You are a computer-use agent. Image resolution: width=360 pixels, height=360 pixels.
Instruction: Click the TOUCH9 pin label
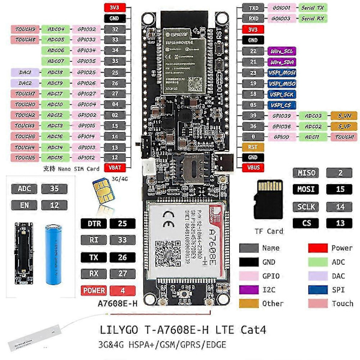[25, 29]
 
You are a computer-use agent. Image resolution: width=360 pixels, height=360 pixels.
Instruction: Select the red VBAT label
[113, 167]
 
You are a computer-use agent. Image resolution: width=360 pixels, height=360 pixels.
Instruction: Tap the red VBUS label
[253, 167]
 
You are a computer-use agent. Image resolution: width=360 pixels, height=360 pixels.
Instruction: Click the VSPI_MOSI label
[281, 73]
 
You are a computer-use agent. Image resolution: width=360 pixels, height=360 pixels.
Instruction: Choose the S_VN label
[344, 115]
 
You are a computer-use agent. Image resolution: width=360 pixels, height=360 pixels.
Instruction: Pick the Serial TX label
[313, 8]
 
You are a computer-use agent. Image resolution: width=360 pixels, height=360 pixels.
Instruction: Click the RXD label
[252, 18]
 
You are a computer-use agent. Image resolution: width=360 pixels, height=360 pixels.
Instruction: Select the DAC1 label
[25, 72]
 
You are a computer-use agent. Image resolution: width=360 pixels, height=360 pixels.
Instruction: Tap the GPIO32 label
[85, 29]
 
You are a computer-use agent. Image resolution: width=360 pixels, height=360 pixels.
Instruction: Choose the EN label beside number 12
[25, 205]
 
